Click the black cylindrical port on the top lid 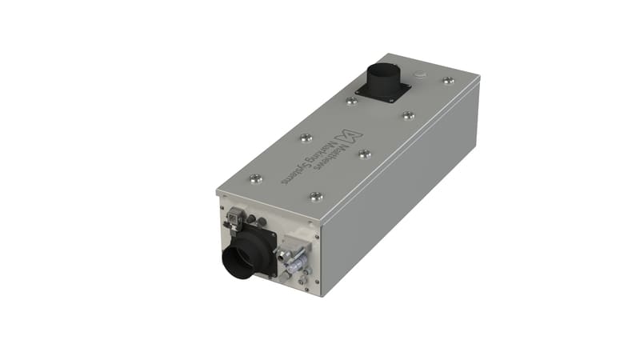(x=383, y=78)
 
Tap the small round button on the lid (x=419, y=74)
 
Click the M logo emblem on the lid (x=348, y=136)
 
